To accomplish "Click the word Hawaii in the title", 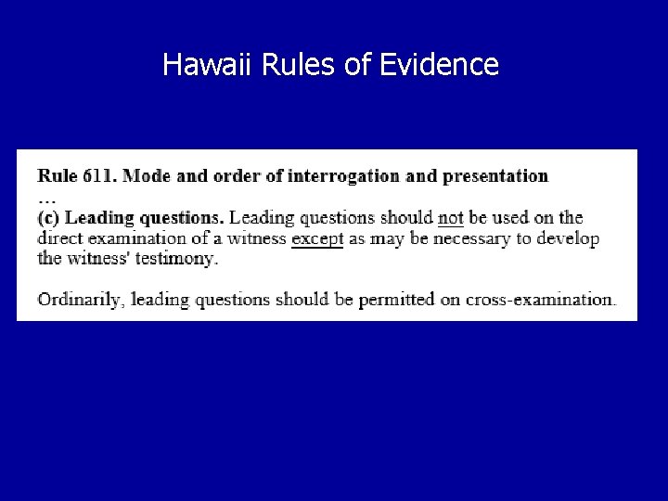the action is [x=206, y=64].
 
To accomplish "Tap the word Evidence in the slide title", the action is [x=439, y=64].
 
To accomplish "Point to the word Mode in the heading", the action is [x=147, y=176].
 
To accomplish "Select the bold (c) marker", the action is [x=48, y=218].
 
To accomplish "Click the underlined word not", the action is [x=451, y=218].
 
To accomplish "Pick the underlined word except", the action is [x=317, y=239].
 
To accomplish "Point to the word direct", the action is [x=60, y=238].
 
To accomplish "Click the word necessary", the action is [x=471, y=239].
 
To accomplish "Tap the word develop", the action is [x=568, y=238].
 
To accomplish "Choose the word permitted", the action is [x=397, y=300].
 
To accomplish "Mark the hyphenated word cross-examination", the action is [x=541, y=300].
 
